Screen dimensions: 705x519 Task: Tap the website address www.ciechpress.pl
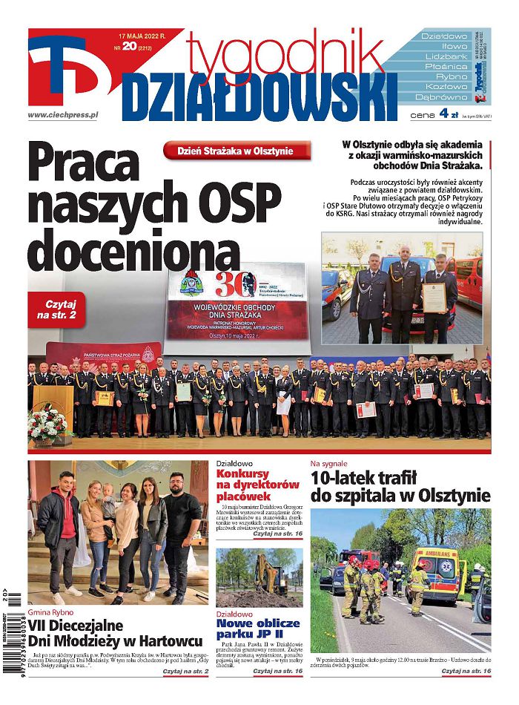click(x=63, y=115)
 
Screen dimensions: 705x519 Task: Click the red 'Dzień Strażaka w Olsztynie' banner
click(x=237, y=151)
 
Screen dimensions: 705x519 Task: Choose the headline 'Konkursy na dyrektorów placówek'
click(x=257, y=485)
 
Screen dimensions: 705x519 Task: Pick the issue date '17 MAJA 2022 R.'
click(x=142, y=34)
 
